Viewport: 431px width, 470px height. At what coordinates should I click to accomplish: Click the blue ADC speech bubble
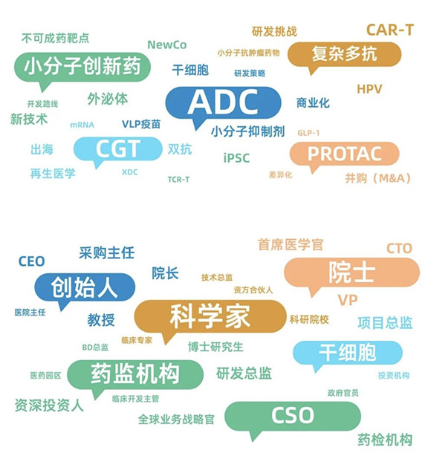(223, 102)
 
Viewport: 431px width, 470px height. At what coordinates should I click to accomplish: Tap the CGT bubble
(118, 149)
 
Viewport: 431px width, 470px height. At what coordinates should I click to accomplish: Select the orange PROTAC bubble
(344, 154)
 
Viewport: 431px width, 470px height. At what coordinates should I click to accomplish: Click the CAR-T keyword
(390, 30)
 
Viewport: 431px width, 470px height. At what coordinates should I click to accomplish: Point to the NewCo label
(167, 45)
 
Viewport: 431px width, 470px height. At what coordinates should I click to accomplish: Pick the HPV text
(369, 89)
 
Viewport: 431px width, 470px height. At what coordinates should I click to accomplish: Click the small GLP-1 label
(308, 133)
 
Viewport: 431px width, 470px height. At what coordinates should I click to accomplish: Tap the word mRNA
(82, 125)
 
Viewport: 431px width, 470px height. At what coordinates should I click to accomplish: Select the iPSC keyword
(236, 158)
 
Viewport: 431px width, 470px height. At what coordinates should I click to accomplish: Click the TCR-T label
(178, 180)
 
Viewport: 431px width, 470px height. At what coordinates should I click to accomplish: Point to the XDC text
(129, 172)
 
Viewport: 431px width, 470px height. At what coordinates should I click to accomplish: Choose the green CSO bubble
(293, 417)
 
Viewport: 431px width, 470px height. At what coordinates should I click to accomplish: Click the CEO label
(31, 261)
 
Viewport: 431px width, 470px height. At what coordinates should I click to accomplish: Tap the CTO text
(399, 249)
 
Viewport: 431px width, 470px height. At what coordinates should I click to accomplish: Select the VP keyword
(348, 300)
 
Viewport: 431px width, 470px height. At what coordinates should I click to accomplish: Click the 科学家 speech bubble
(210, 316)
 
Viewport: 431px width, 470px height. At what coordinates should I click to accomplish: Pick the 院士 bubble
(351, 272)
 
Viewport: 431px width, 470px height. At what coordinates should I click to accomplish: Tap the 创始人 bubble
(85, 287)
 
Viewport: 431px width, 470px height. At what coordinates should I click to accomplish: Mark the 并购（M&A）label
(377, 178)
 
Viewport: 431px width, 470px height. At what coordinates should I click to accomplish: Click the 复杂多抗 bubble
(344, 54)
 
